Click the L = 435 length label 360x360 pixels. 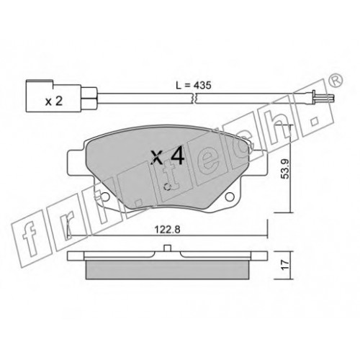point(193,86)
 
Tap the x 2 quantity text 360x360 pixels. point(54,102)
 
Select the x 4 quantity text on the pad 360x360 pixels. point(168,156)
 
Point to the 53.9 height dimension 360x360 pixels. point(285,169)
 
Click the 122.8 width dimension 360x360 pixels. point(167,230)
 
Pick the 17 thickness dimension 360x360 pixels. point(285,265)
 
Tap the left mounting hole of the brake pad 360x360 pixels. point(105,197)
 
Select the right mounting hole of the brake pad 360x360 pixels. point(230,197)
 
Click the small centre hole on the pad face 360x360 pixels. point(166,186)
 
